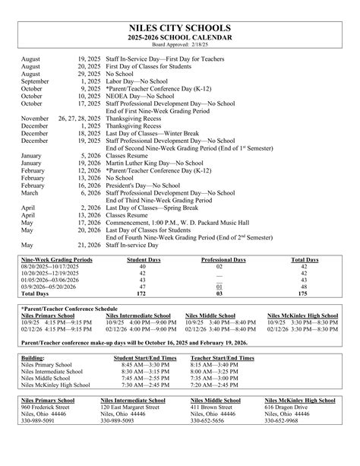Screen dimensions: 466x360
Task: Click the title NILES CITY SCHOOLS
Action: tap(180, 28)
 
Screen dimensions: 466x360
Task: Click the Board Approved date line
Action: tap(180, 45)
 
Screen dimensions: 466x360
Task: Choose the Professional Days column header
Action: tap(223, 260)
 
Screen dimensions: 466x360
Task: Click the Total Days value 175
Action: tap(305, 292)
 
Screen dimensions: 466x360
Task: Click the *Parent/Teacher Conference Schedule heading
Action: tap(70, 309)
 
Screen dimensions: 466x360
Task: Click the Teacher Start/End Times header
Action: tap(223, 357)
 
